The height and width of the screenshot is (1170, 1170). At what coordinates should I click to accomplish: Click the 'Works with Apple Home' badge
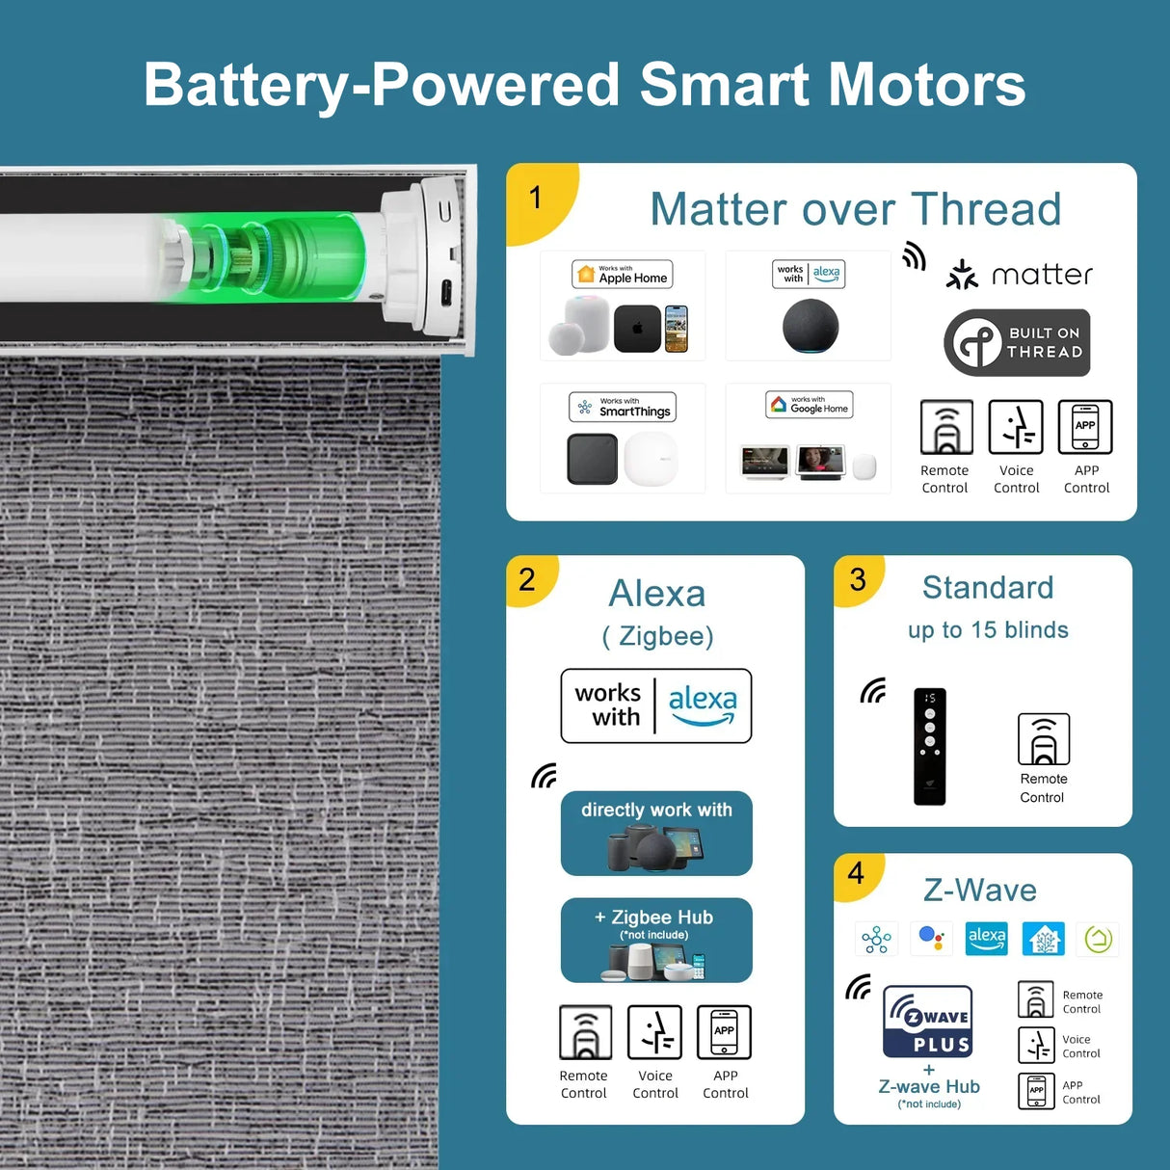tap(622, 274)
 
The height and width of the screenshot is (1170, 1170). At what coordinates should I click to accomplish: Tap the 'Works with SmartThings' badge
tap(623, 407)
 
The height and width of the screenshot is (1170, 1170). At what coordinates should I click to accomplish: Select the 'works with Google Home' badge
tap(809, 405)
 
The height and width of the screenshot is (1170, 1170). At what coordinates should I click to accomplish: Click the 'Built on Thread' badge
tap(1017, 342)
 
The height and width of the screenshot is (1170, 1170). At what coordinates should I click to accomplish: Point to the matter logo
tap(1019, 275)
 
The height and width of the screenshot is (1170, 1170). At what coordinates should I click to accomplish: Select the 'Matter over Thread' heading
tap(856, 209)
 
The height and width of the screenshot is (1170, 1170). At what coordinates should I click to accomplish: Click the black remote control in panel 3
tap(930, 746)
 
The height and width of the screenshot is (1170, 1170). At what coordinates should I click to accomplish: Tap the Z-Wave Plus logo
tap(927, 1022)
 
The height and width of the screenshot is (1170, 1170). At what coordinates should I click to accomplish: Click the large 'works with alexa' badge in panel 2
tap(655, 705)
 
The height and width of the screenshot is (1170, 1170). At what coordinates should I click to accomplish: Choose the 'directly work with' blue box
tap(656, 833)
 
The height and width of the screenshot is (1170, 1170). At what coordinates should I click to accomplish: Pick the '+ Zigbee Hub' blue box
tap(656, 940)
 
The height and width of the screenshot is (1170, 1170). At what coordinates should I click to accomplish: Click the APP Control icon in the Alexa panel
tap(724, 1032)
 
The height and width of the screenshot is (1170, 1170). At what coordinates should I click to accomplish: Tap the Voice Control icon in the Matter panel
tap(1015, 427)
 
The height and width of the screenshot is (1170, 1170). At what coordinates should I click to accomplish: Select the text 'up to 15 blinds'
tap(988, 629)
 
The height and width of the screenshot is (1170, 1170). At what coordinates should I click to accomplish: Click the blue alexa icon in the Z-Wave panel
tap(986, 938)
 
